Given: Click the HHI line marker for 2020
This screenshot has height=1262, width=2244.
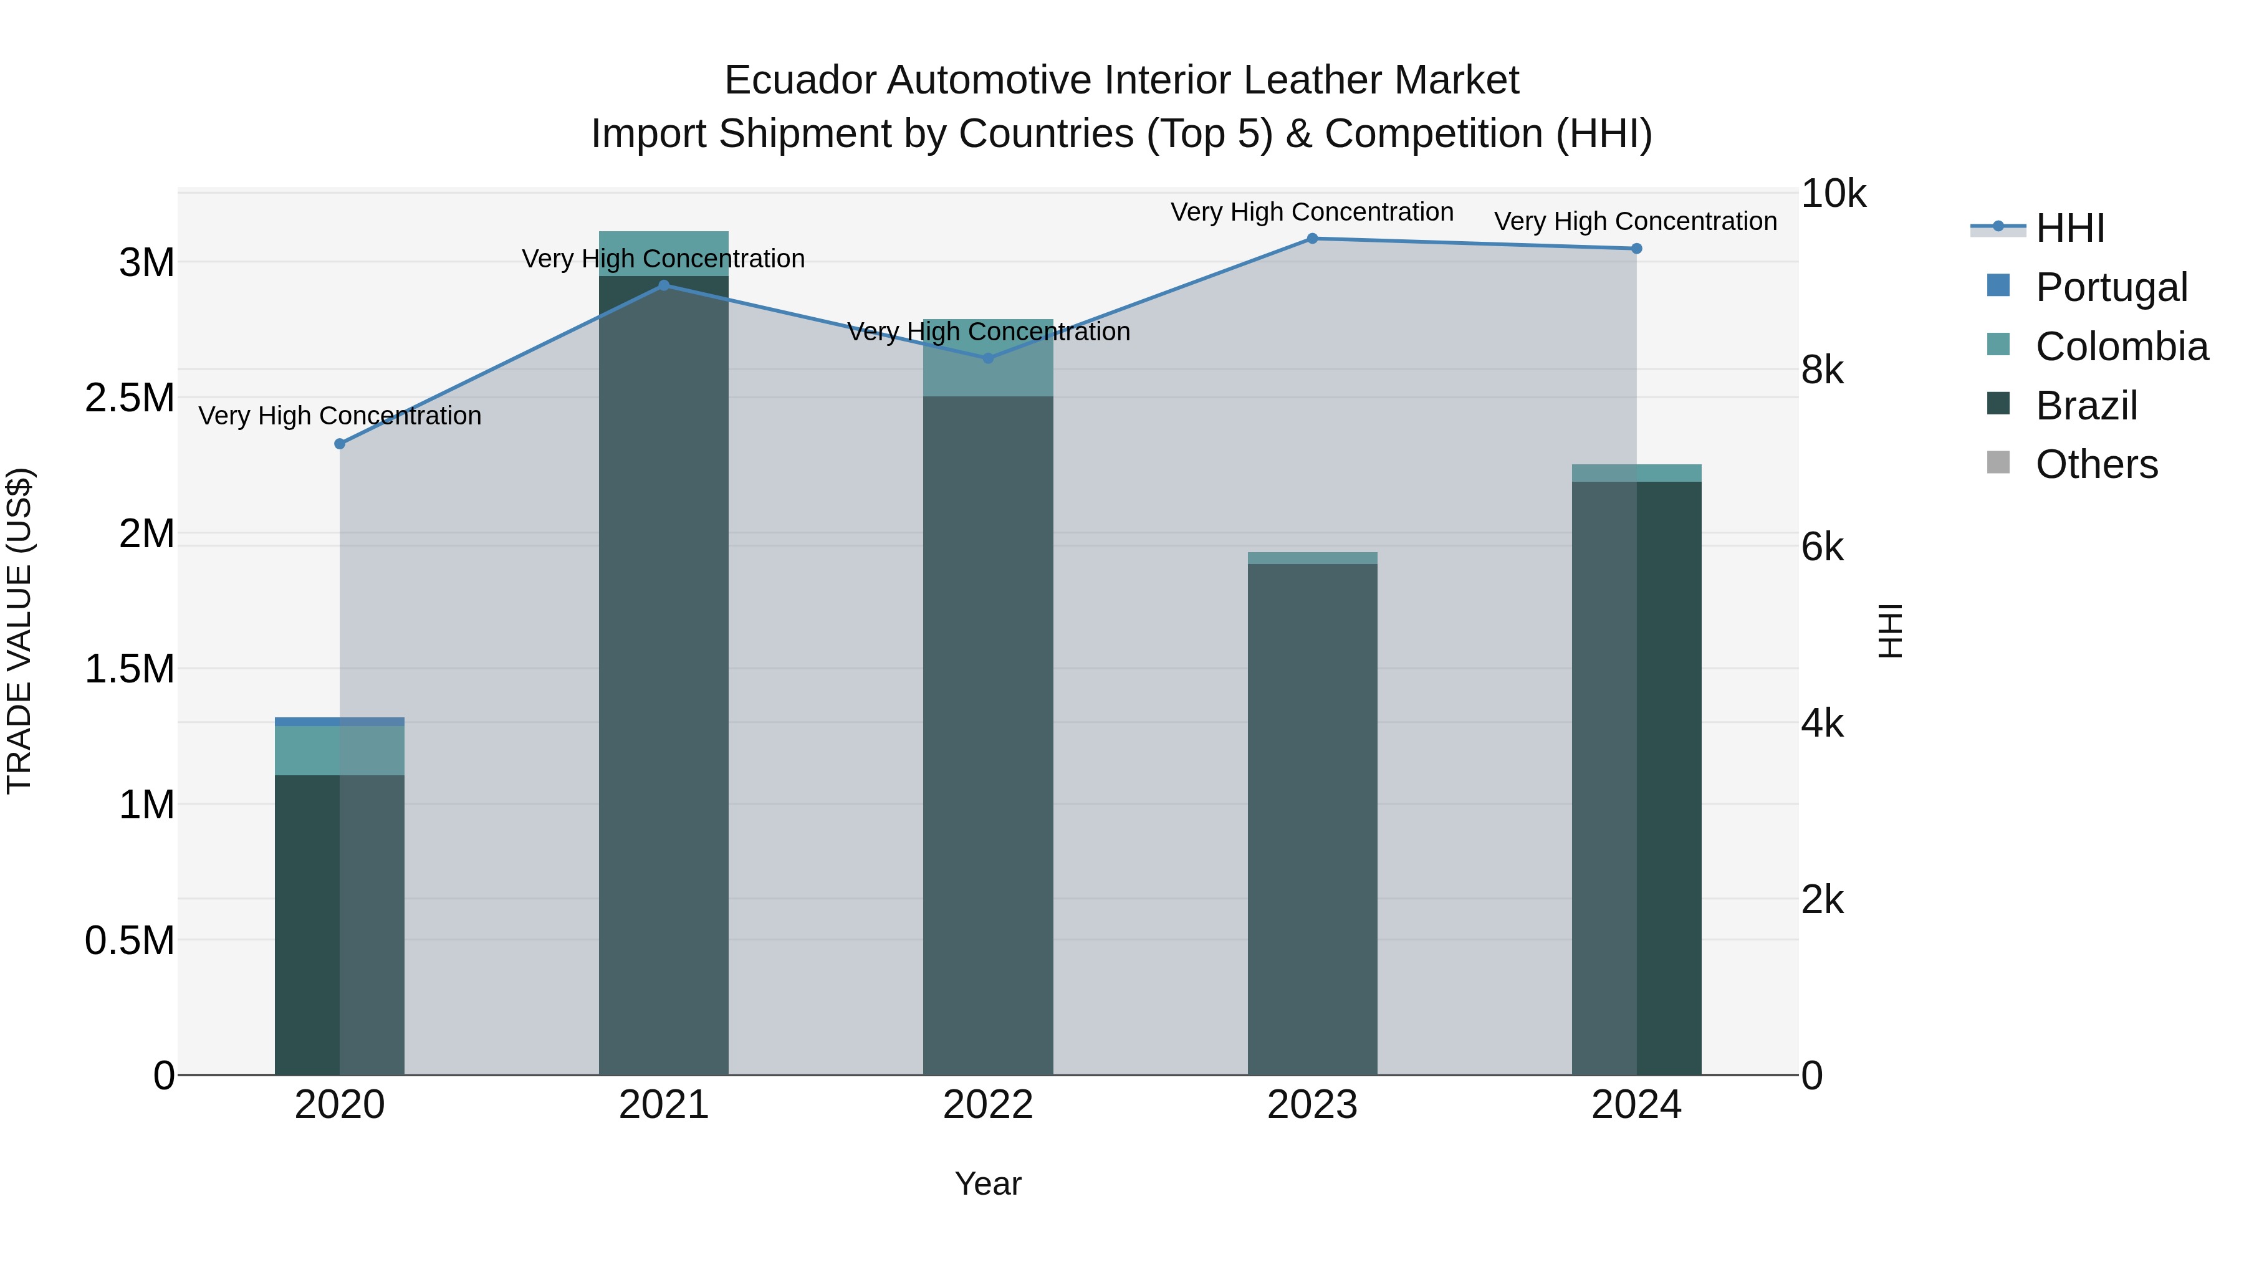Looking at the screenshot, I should coord(340,444).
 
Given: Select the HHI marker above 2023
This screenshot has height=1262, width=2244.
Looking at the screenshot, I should coord(1312,239).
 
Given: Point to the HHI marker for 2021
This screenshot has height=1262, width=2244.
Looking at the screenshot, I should coord(664,285).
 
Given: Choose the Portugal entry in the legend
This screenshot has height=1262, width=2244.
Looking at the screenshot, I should coord(2111,287).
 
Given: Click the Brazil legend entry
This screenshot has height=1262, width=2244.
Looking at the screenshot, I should coord(2086,406).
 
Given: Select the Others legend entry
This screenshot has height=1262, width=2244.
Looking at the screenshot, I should coord(2096,465).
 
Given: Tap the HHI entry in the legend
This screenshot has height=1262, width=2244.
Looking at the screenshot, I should coord(2069,228).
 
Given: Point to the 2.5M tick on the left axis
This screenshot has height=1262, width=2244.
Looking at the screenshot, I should coord(129,398).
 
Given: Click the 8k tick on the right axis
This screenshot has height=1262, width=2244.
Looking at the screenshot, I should coord(1823,371).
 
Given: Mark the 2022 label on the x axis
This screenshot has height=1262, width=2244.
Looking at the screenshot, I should coord(988,1105).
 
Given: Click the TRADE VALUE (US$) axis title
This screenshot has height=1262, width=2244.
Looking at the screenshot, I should coord(19,631).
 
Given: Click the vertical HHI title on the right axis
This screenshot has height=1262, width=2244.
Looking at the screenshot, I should coord(1891,631).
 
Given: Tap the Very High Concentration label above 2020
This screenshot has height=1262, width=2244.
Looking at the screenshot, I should coord(340,416).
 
